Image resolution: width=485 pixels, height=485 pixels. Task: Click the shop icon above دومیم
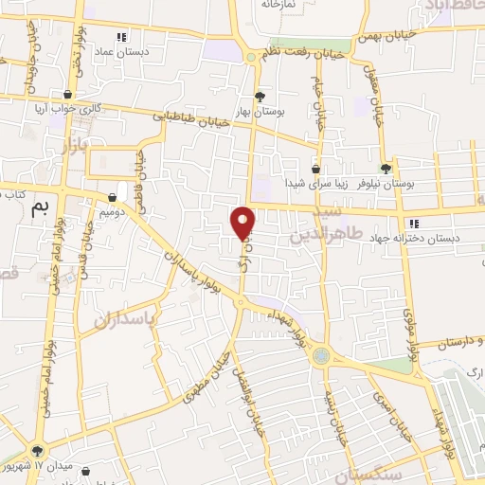(113, 198)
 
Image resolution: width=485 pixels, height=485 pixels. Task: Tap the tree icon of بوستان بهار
(260, 97)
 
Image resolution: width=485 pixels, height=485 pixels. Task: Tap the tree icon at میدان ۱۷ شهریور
(36, 452)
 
